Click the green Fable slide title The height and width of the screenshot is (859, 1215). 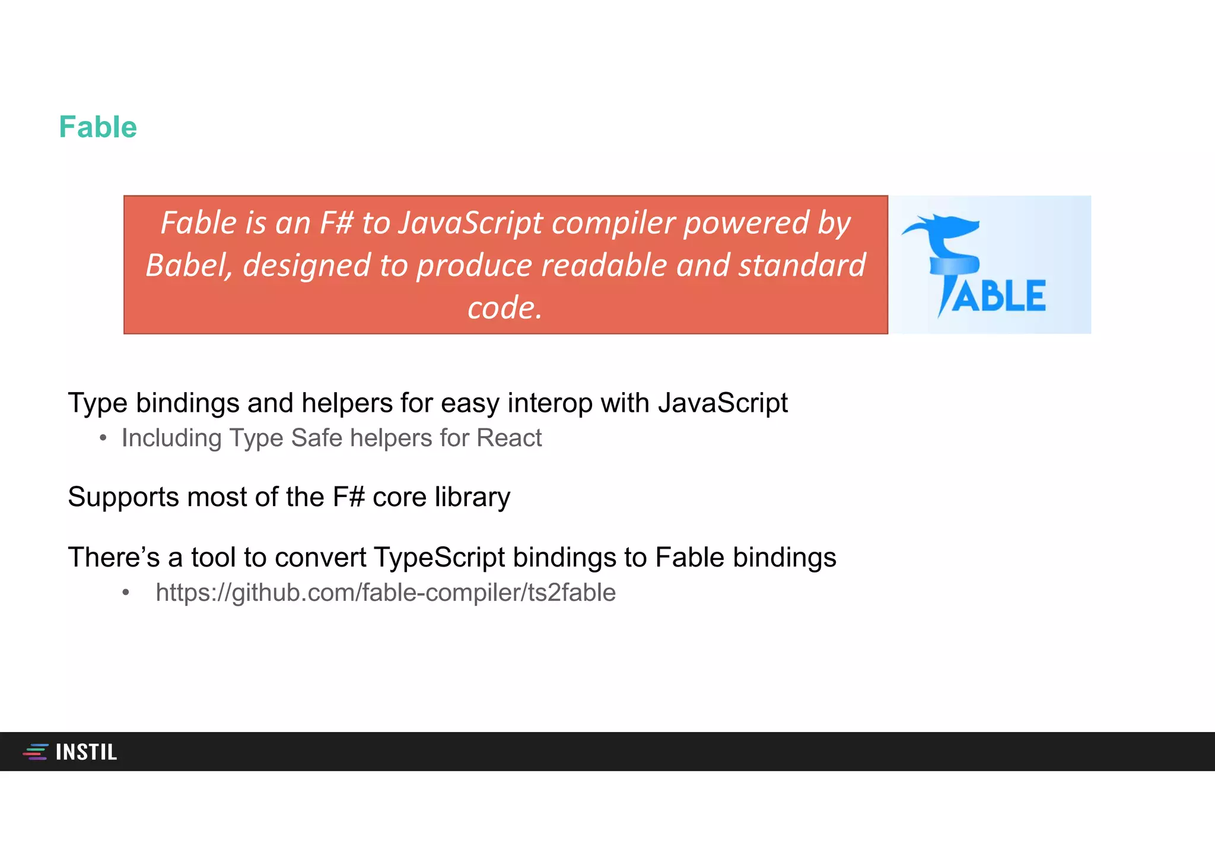coord(98,127)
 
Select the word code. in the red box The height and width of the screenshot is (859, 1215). coord(505,308)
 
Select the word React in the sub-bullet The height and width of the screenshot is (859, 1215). coord(509,438)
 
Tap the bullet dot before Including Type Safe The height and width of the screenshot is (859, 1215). coord(103,438)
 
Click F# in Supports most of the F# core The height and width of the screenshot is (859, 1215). coord(348,497)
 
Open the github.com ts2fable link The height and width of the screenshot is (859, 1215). coord(386,593)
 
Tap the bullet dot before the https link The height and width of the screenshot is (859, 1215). coord(125,593)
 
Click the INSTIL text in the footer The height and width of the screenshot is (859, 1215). coord(87,752)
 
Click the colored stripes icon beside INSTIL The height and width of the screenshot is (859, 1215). coord(36,752)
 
